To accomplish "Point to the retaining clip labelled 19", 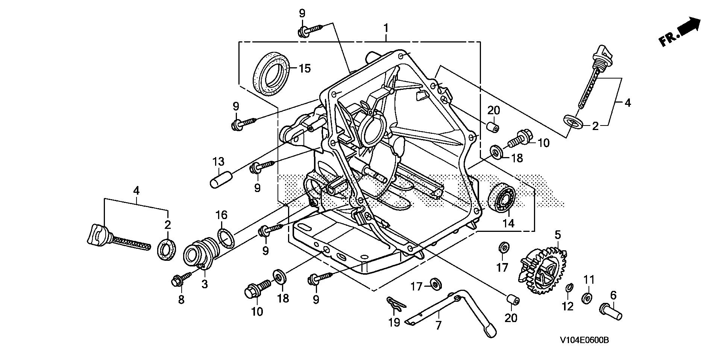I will (x=394, y=304).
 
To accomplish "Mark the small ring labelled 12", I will (x=569, y=288).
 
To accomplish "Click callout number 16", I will (x=221, y=215).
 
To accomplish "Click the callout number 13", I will (x=218, y=162).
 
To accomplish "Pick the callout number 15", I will (x=305, y=68).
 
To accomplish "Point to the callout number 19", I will (x=394, y=322).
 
